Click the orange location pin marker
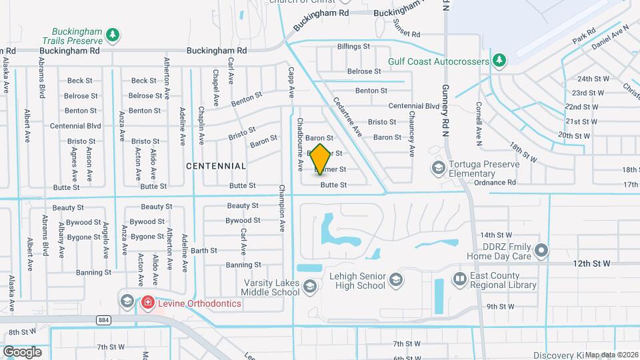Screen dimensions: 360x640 click(321, 159)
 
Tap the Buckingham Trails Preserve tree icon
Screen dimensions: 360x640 click(113, 34)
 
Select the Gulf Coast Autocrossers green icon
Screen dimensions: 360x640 click(499, 61)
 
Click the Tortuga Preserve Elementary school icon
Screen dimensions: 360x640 click(438, 167)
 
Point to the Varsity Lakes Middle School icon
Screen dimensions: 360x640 click(309, 287)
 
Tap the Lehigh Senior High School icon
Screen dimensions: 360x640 click(396, 279)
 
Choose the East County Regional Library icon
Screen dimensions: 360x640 click(459, 278)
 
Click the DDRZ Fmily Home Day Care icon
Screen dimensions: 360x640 click(541, 251)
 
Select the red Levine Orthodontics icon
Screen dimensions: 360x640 click(147, 303)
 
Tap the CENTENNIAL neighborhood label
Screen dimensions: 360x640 click(216, 165)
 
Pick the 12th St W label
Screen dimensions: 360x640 click(593, 265)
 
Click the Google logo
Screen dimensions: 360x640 click(22, 352)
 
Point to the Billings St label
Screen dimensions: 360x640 click(353, 47)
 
